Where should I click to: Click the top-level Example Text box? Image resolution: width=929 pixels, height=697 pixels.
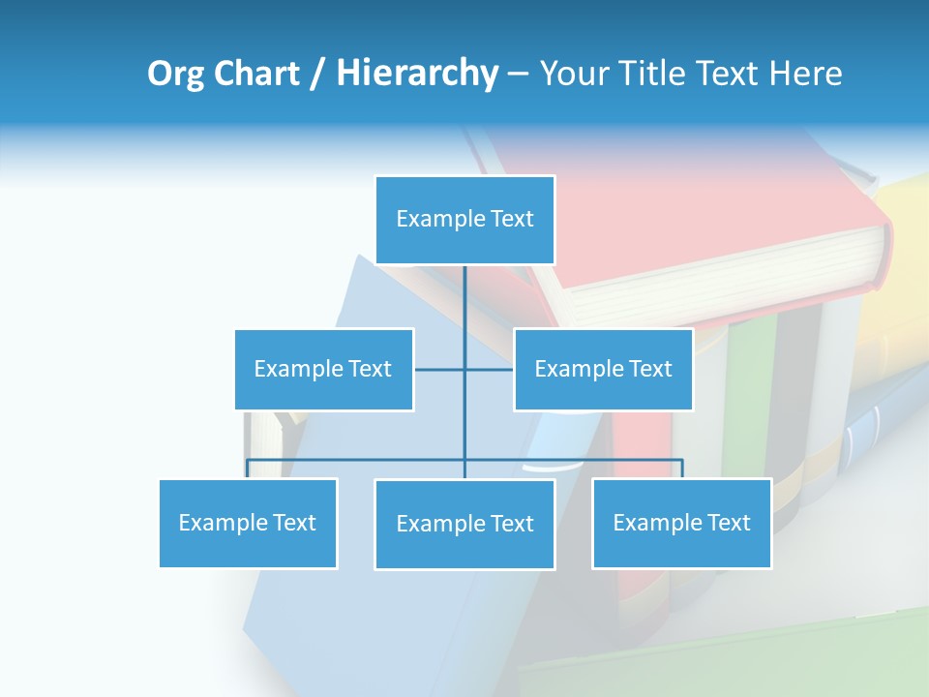coord(464,220)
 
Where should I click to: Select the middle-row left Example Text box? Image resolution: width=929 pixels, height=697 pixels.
coord(323,369)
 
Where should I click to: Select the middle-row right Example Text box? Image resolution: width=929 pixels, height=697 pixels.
coord(603,369)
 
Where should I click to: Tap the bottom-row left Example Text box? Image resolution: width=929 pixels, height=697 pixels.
coord(248,523)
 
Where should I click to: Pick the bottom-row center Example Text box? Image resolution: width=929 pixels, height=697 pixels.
coord(464,524)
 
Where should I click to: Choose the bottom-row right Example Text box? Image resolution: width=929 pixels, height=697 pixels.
coord(681,523)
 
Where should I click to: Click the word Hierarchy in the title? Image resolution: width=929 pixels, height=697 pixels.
coord(416,74)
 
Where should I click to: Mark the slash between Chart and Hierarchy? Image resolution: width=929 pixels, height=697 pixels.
coord(317,74)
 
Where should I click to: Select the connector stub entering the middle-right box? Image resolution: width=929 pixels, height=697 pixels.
coord(490,369)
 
